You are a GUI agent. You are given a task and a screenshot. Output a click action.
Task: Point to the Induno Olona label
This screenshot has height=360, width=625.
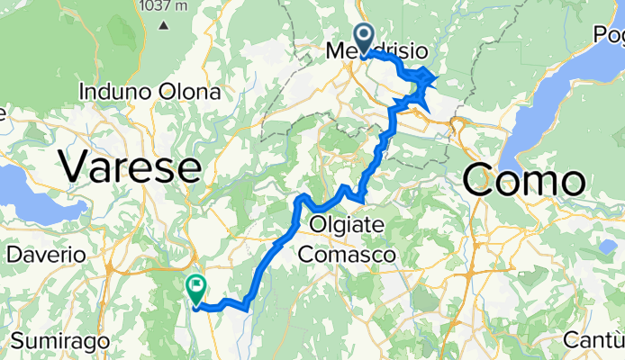click(x=149, y=92)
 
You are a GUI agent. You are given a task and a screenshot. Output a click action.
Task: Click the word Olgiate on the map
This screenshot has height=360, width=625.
click(x=348, y=222)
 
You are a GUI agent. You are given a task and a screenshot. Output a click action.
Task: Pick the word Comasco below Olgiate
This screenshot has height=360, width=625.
click(x=348, y=255)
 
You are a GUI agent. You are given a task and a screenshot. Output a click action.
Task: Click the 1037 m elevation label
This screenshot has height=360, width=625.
click(x=163, y=6)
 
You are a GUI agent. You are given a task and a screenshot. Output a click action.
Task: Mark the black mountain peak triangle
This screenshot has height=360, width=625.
click(x=165, y=24)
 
